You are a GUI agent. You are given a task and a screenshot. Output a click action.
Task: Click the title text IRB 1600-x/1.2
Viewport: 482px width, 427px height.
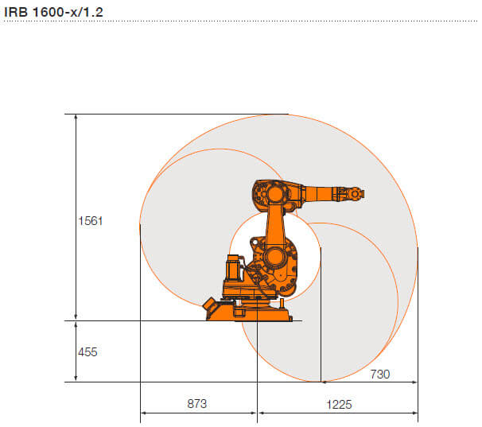(53, 12)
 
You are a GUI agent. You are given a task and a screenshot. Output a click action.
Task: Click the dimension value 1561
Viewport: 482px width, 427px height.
(91, 221)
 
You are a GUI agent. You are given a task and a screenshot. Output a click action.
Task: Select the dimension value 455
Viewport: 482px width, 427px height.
(87, 352)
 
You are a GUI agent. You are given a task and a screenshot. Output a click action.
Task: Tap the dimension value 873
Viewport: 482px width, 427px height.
(197, 404)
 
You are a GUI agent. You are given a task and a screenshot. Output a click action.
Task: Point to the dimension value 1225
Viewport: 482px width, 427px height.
(339, 404)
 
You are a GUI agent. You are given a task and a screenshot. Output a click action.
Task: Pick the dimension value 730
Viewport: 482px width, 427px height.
(380, 375)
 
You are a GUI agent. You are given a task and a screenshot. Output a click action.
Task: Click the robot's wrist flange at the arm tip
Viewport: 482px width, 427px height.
(356, 194)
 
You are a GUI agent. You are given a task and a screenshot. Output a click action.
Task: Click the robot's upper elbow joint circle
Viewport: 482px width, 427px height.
(275, 194)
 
